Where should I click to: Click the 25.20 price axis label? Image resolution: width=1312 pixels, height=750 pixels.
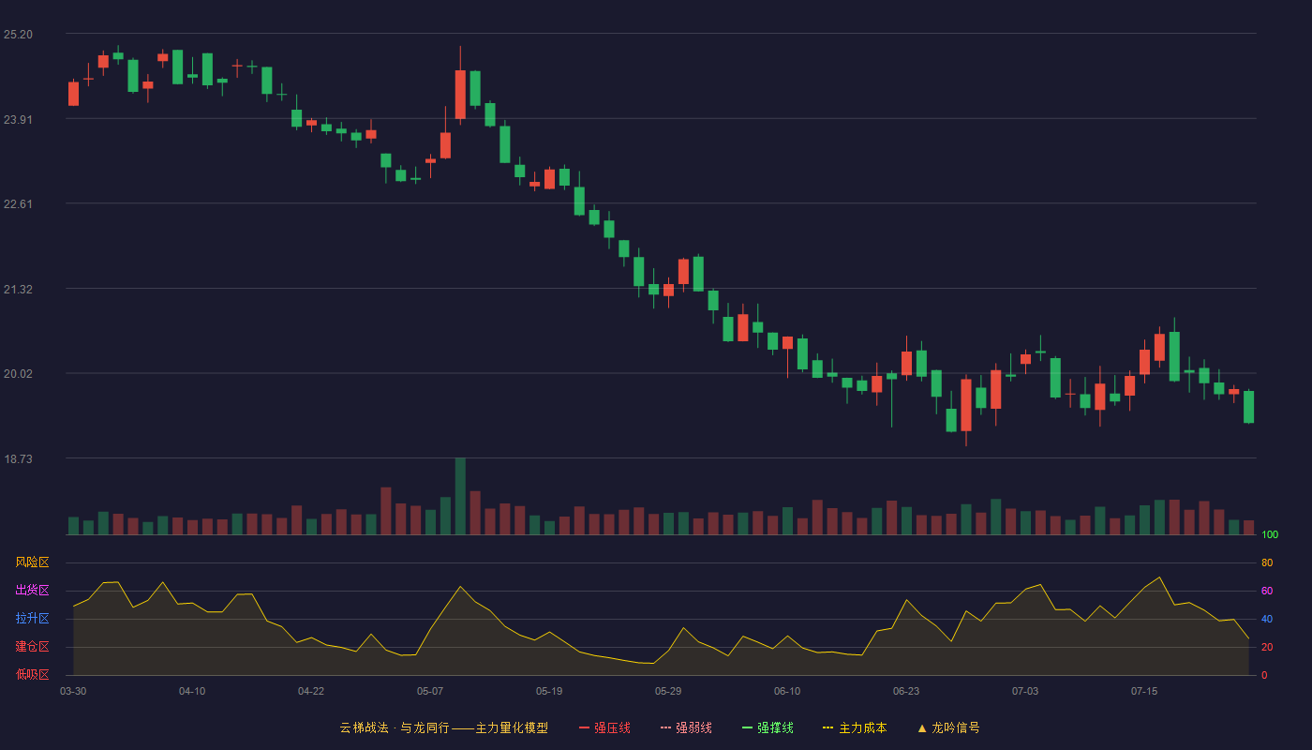click(x=18, y=35)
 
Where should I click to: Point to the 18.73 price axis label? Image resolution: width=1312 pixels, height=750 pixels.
click(x=18, y=458)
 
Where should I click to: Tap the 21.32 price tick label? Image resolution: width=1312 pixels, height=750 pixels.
click(x=18, y=290)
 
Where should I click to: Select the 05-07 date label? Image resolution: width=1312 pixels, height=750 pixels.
click(x=430, y=692)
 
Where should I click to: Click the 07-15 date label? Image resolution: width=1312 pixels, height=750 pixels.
click(x=1144, y=692)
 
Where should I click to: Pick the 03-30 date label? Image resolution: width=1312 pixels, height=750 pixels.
click(x=73, y=692)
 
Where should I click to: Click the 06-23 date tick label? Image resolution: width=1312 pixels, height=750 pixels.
click(x=906, y=692)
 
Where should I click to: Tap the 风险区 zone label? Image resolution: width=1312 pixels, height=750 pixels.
click(x=32, y=562)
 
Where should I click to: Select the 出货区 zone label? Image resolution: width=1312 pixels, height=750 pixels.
click(x=32, y=590)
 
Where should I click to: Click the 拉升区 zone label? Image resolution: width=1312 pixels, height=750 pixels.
click(x=32, y=618)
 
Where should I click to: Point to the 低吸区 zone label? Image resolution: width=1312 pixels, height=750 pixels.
click(x=32, y=674)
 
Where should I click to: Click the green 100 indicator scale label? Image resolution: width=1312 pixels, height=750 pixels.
click(x=1270, y=534)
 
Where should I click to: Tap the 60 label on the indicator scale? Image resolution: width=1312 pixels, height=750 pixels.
click(x=1267, y=591)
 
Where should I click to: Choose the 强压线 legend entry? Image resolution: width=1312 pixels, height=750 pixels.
click(x=604, y=727)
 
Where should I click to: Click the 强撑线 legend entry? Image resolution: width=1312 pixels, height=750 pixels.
click(x=768, y=727)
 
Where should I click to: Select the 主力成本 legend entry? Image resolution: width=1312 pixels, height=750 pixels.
click(x=855, y=727)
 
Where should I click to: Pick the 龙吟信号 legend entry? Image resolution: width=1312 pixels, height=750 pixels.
click(x=948, y=727)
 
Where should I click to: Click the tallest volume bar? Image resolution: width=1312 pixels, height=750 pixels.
click(x=460, y=496)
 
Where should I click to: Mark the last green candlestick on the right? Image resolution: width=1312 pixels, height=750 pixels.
click(x=1248, y=407)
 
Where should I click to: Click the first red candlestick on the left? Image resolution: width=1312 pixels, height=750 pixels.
click(x=73, y=94)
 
